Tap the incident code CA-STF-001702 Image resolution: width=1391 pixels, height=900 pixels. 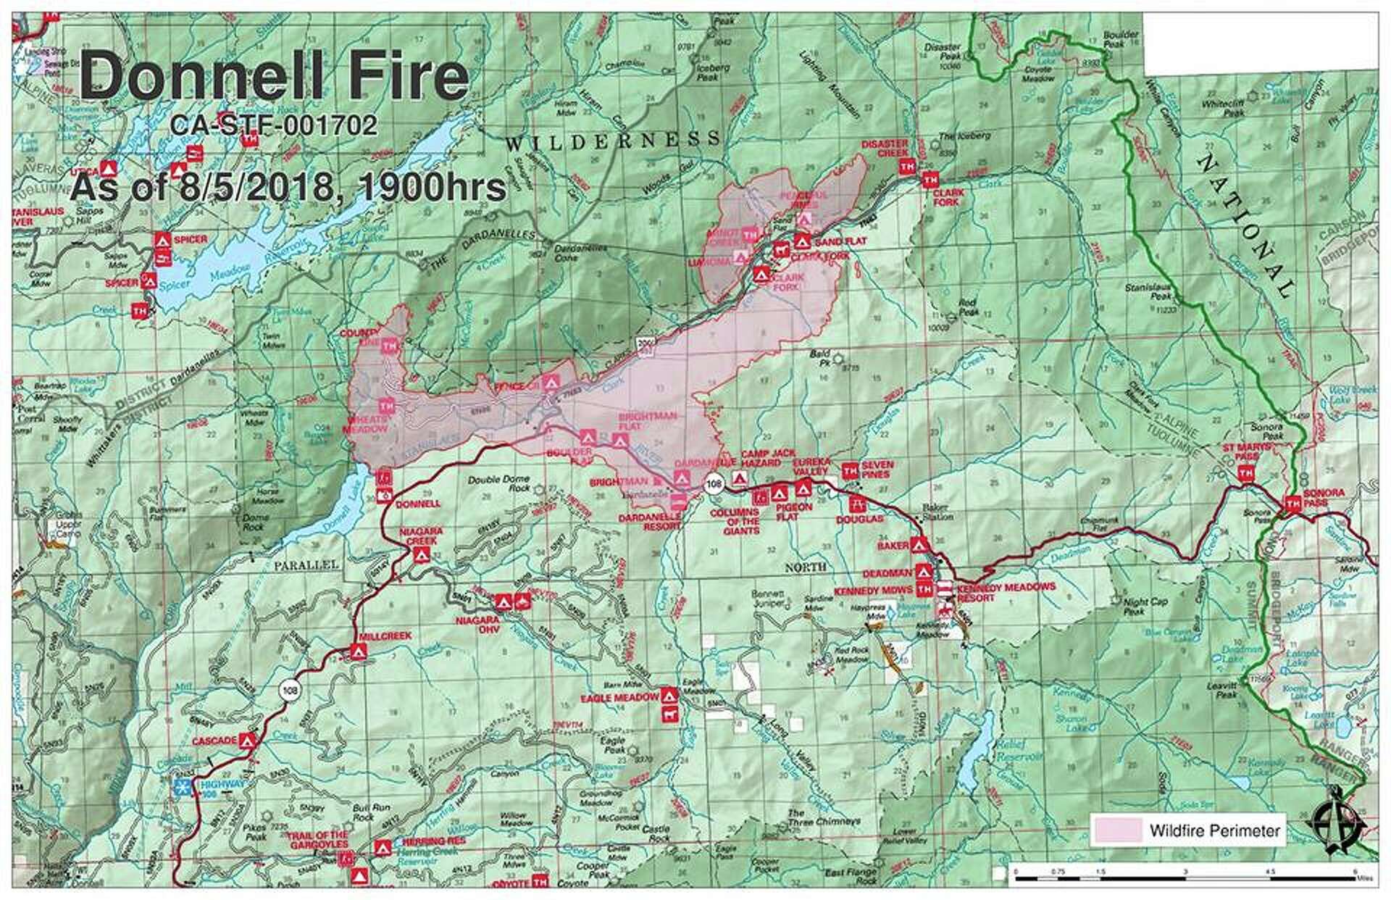pos(274,126)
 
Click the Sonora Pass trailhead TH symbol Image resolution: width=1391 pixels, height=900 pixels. pos(1292,502)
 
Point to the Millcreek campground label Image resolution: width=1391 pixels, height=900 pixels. pos(385,636)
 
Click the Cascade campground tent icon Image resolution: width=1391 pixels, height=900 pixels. pos(247,741)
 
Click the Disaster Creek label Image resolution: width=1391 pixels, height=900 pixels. pos(884,149)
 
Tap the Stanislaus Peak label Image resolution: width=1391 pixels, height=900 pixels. pos(1148,292)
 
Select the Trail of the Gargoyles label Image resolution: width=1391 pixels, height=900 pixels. pos(317,840)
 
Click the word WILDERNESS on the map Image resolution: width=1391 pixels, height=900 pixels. pos(613,140)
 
